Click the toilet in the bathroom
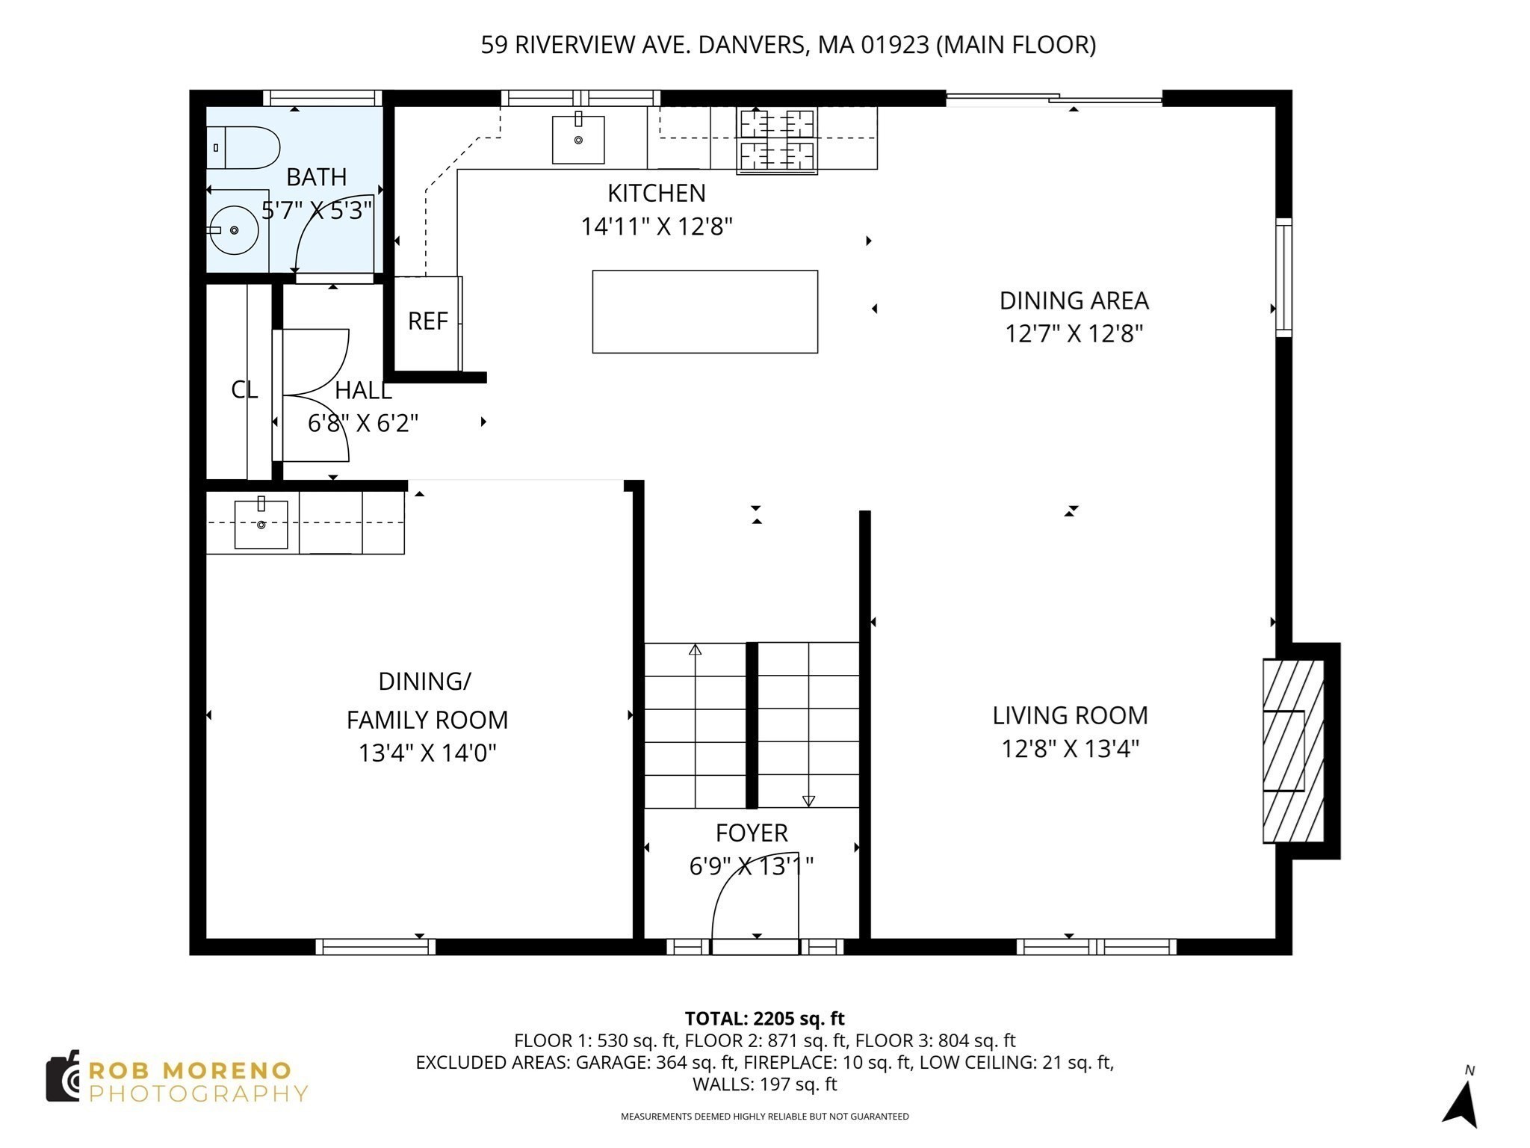point(245,148)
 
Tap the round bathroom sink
point(234,230)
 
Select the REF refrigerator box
point(427,322)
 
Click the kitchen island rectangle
point(704,312)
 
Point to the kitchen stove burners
point(777,140)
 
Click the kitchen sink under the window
point(578,140)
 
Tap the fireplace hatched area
point(1292,750)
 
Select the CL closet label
point(244,389)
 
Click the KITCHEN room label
point(656,194)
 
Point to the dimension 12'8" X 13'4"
point(1070,748)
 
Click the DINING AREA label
point(1074,300)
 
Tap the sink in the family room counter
point(261,525)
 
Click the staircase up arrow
point(696,649)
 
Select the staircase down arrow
point(808,800)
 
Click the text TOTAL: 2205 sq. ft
point(764,1019)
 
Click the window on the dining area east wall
point(1283,277)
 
